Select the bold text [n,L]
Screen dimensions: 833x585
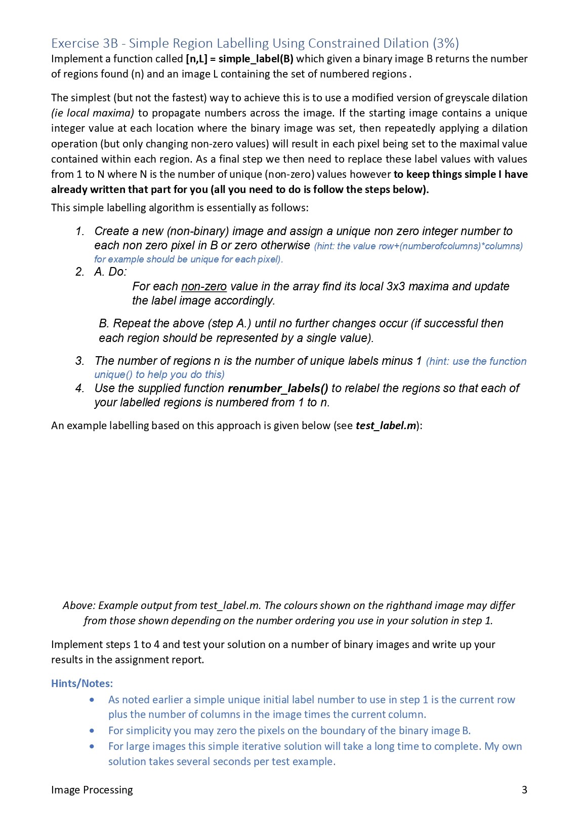click(197, 59)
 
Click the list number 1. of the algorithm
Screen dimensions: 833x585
click(80, 232)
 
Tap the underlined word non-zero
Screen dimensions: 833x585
click(204, 287)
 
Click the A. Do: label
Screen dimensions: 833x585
click(110, 272)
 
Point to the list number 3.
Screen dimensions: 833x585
click(80, 361)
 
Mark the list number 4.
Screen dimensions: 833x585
click(80, 389)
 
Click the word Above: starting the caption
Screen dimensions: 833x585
click(79, 606)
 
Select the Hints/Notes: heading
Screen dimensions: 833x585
click(82, 684)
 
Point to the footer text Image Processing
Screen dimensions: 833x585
click(92, 790)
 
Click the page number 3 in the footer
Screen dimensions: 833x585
click(524, 790)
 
